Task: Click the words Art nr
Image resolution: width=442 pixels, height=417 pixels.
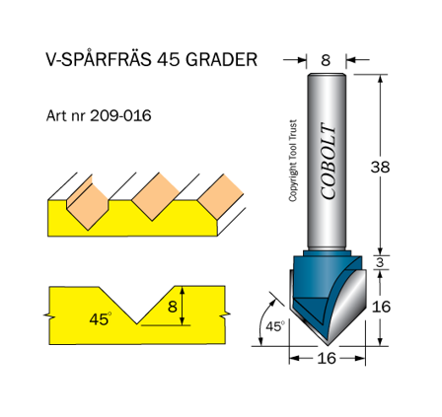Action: pos(67,114)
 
